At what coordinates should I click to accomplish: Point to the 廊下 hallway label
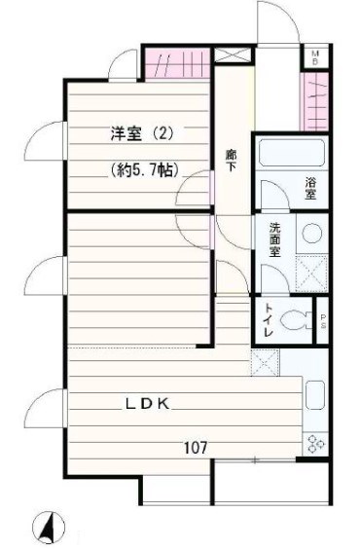(232, 160)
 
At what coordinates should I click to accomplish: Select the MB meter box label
(314, 55)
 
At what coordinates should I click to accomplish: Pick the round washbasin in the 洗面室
(310, 234)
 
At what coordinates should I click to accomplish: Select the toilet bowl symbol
(301, 318)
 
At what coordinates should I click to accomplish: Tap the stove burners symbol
(315, 444)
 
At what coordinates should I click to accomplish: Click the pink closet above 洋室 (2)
(177, 65)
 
